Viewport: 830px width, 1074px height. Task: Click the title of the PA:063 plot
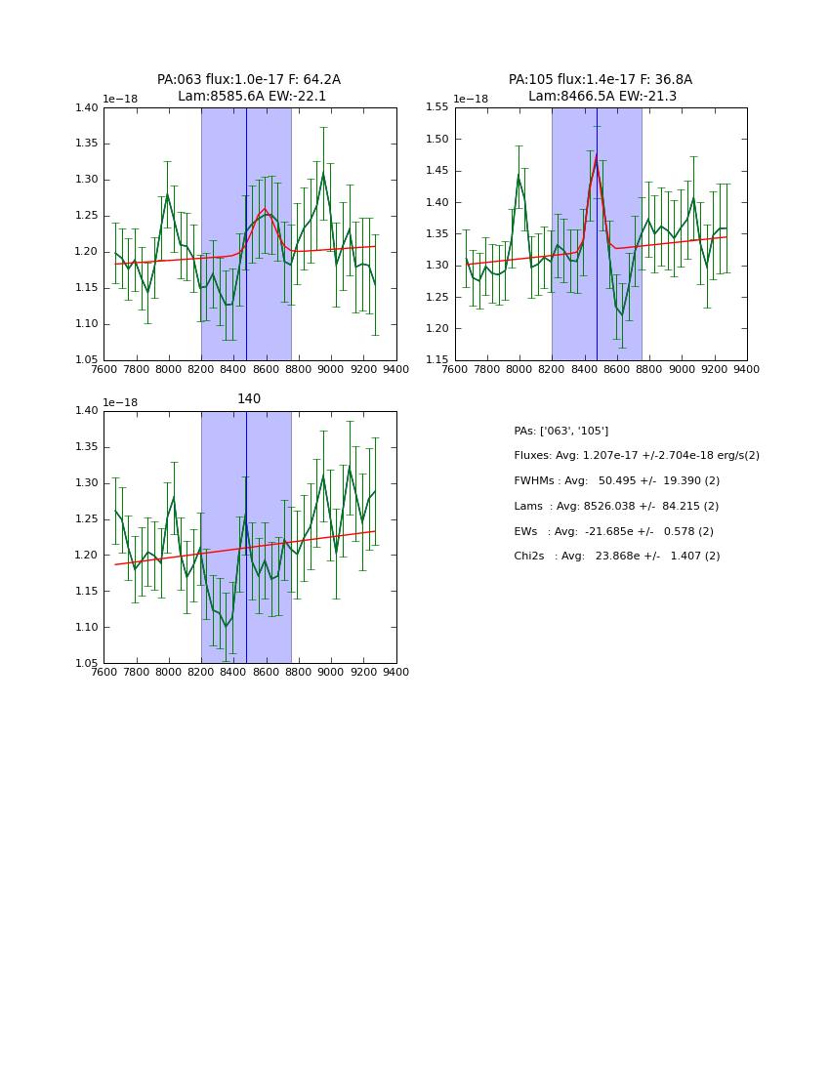(x=249, y=88)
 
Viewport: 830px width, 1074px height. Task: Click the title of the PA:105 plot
(x=601, y=88)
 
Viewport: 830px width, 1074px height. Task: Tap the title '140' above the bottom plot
(x=249, y=399)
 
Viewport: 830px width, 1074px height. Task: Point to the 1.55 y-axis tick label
(x=436, y=107)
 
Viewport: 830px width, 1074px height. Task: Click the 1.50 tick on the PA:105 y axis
(x=436, y=140)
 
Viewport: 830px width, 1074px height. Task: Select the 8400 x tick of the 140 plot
(x=233, y=672)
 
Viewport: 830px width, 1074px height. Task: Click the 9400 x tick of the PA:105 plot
(x=747, y=368)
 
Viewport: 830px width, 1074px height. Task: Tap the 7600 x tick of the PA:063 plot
(x=104, y=368)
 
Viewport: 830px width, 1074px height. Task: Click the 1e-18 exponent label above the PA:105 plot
(x=472, y=99)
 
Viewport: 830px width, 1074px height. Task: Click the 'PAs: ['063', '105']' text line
(x=560, y=431)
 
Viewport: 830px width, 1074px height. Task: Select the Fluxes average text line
(x=636, y=456)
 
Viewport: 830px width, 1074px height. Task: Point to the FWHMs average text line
(x=616, y=481)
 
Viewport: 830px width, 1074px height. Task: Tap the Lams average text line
(x=616, y=507)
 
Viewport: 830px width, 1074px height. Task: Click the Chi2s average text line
(x=616, y=557)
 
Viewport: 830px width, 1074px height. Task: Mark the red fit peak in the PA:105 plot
(x=596, y=155)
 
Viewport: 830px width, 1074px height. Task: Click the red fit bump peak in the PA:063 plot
(x=264, y=209)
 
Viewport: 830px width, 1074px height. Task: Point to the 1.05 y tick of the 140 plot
(x=86, y=664)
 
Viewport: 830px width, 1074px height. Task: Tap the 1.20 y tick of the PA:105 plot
(x=436, y=329)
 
